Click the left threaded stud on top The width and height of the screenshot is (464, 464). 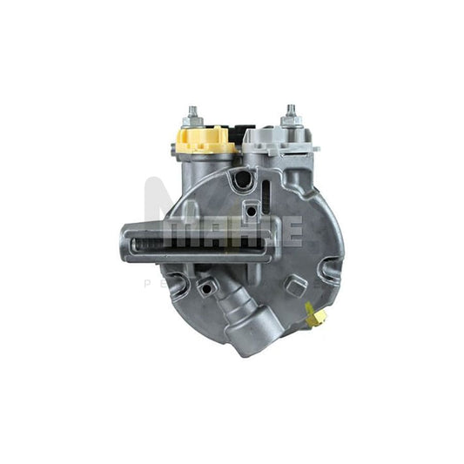pyautogui.click(x=192, y=117)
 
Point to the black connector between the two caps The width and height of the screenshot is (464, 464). pyautogui.click(x=240, y=133)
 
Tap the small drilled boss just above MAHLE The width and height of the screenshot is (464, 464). pyautogui.click(x=252, y=209)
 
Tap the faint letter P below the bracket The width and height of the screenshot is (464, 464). pyautogui.click(x=147, y=283)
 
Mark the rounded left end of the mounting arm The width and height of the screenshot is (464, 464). pyautogui.click(x=126, y=242)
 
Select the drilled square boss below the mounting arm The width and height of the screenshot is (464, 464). pyautogui.click(x=206, y=286)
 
